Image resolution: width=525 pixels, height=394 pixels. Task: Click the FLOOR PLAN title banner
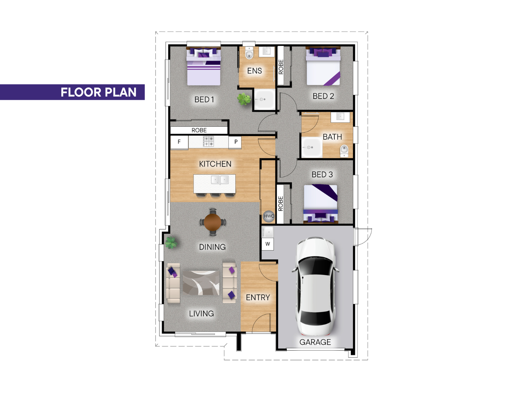coord(72,92)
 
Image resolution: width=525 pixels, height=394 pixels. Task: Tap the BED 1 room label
coord(204,99)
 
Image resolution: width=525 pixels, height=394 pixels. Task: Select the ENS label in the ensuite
coord(255,71)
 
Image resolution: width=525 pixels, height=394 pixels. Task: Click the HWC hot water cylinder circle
coord(269,216)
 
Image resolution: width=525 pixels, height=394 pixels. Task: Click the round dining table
coord(213,222)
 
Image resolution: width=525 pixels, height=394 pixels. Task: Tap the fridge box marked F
coord(179,142)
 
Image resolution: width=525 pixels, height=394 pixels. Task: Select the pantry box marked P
coord(235,142)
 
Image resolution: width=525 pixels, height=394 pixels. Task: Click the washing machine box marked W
coord(268,244)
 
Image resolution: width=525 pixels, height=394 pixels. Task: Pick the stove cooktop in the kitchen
coord(208,141)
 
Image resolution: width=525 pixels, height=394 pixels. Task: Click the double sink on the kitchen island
coord(220,180)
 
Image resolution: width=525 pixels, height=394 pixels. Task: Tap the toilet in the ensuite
coord(249,53)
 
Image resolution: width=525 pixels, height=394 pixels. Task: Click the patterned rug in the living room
coord(201,283)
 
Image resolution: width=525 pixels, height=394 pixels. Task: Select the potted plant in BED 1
coord(244,99)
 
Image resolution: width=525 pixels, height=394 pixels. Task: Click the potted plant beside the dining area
coord(171,243)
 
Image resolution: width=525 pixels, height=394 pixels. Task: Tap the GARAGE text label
coord(315,342)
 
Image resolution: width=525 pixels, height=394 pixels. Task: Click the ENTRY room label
coord(258,297)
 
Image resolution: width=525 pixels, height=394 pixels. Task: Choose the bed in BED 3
coord(321,204)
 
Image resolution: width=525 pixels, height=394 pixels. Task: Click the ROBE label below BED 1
coord(199,130)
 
